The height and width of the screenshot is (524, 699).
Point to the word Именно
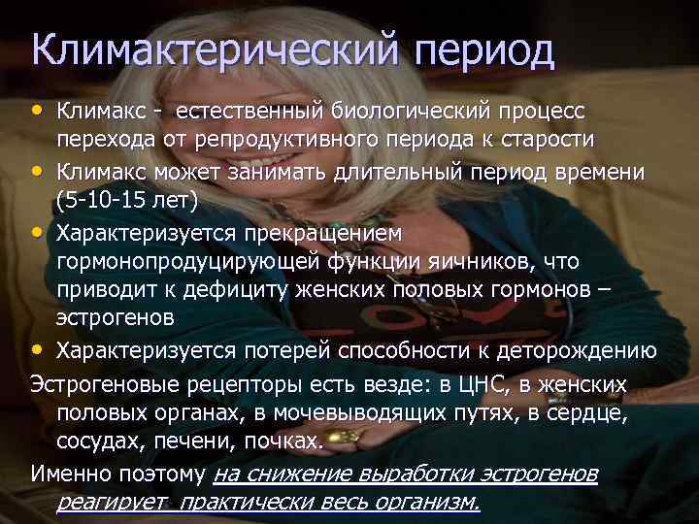pos(68,474)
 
